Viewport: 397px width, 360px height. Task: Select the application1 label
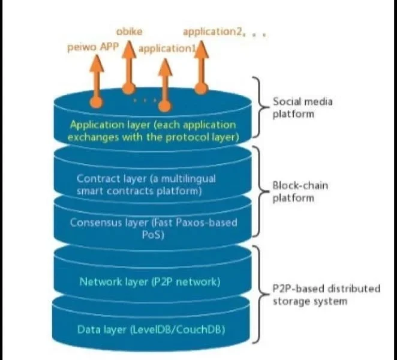167,49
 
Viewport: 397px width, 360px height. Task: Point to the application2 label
210,31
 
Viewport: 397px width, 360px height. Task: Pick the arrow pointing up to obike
128,66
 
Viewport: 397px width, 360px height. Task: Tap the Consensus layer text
154,228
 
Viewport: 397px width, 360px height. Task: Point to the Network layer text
149,281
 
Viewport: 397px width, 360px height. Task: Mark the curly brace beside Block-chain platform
259,191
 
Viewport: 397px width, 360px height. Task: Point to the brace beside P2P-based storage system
259,294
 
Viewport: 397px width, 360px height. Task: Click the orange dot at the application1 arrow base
164,106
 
